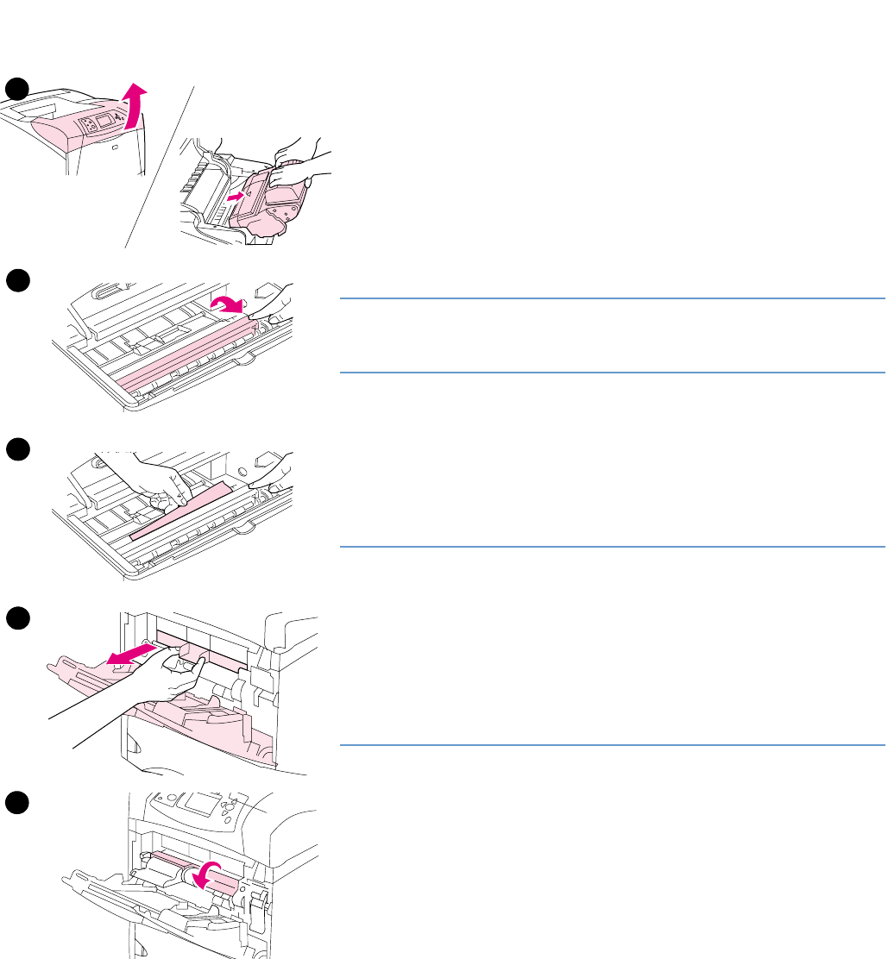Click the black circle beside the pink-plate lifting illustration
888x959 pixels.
click(x=16, y=279)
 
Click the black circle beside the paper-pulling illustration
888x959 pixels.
click(x=16, y=449)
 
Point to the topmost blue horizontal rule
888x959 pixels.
click(x=612, y=298)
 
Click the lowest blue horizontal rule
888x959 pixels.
click(x=612, y=744)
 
